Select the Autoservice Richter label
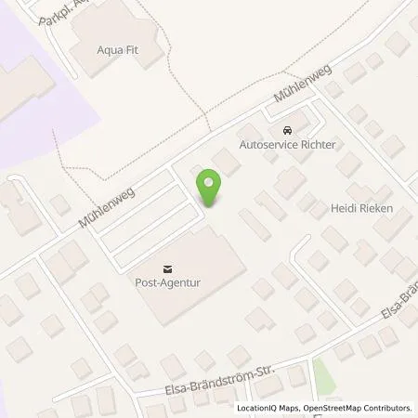click(287, 146)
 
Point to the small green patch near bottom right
click(322, 373)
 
